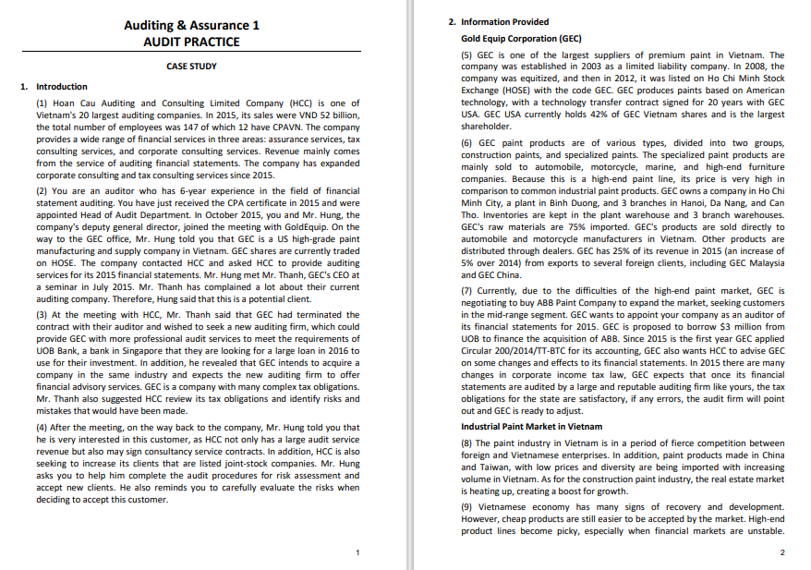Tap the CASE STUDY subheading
tap(191, 67)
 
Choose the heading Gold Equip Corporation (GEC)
tap(521, 39)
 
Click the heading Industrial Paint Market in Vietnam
tap(530, 427)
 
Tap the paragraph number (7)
tap(468, 289)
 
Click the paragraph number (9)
tap(468, 507)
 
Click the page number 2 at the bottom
tap(781, 552)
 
